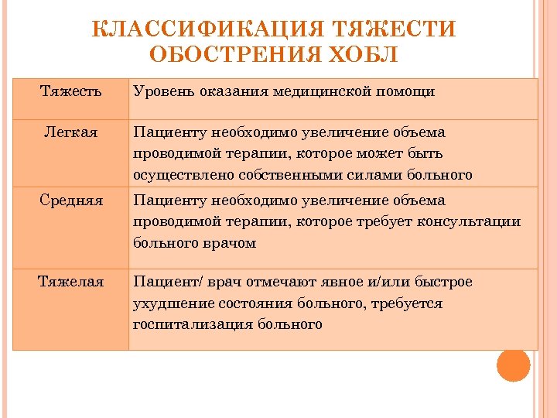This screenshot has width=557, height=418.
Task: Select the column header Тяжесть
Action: [x=70, y=91]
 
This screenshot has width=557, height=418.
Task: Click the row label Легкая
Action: [x=70, y=132]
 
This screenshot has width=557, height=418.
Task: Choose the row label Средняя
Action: [x=70, y=200]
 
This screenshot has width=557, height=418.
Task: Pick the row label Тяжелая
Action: [x=70, y=282]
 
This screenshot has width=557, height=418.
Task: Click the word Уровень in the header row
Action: [x=160, y=91]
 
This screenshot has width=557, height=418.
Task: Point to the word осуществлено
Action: [x=176, y=175]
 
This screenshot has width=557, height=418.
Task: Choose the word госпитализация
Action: [x=190, y=324]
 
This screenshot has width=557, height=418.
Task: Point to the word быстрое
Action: [x=443, y=282]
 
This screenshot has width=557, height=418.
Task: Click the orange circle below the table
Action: [x=514, y=365]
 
